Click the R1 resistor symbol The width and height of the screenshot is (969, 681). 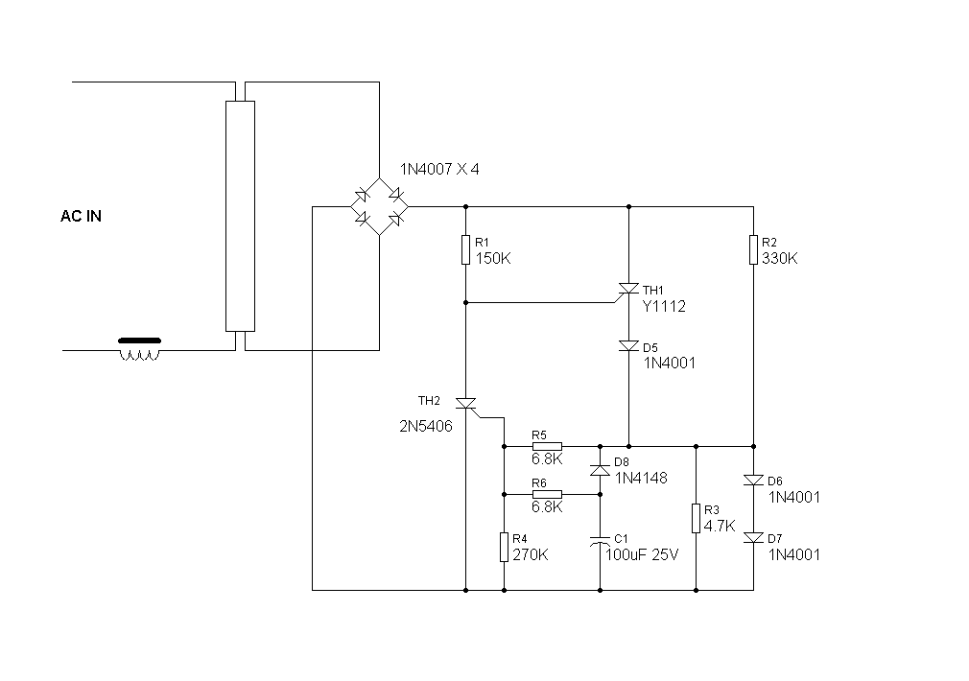click(x=466, y=249)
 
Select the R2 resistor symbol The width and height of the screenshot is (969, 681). click(x=753, y=249)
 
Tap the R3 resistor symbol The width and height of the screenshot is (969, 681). click(x=696, y=518)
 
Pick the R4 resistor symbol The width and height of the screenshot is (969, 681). click(x=505, y=547)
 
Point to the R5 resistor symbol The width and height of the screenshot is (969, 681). click(x=547, y=446)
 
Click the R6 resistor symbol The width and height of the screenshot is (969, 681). click(x=547, y=494)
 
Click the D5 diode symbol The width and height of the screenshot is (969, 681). click(x=629, y=346)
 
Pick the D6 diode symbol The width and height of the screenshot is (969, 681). click(x=753, y=481)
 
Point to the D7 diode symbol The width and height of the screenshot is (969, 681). click(x=753, y=538)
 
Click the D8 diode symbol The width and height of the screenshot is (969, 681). click(x=600, y=470)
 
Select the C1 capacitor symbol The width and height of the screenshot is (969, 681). click(x=600, y=541)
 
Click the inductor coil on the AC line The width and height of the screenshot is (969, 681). click(x=140, y=349)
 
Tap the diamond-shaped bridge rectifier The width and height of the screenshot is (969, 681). click(x=379, y=206)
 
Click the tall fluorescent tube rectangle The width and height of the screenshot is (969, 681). click(x=241, y=216)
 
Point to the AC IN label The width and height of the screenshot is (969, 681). click(x=81, y=216)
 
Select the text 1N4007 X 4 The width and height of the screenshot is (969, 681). click(x=439, y=170)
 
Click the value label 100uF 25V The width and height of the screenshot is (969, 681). click(x=642, y=555)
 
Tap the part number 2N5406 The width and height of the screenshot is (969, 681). click(x=426, y=427)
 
